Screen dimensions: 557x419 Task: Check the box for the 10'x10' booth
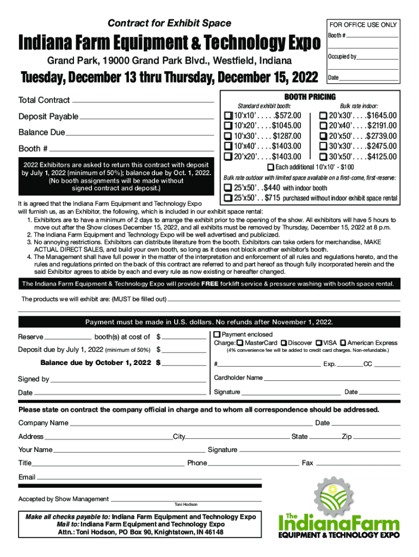point(228,116)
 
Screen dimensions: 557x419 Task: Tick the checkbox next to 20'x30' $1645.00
point(323,116)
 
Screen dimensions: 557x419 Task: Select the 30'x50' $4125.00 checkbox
point(323,157)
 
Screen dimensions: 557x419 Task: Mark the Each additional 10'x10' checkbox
point(271,166)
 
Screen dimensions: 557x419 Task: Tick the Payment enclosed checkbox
point(217,334)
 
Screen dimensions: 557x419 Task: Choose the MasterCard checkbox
point(240,343)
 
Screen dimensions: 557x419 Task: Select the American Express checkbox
point(343,343)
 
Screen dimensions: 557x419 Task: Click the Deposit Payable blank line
point(147,117)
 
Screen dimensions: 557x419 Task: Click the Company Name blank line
point(190,424)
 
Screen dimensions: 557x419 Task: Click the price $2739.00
point(382,136)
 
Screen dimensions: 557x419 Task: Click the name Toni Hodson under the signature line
point(186,504)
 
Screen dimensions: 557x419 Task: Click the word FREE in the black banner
point(211,284)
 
